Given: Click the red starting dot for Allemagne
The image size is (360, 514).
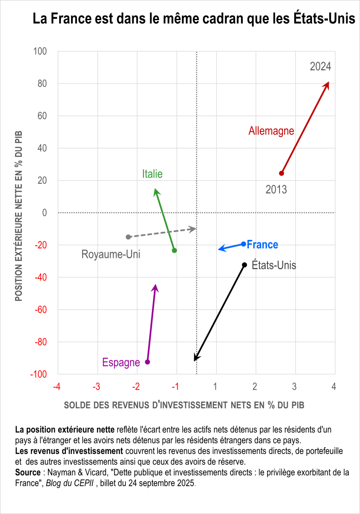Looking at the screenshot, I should point(281,173).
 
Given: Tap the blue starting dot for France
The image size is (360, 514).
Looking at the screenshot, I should point(244,244).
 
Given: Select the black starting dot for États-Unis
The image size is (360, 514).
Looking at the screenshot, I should point(244,265).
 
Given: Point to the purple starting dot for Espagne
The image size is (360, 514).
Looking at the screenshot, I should point(148,362).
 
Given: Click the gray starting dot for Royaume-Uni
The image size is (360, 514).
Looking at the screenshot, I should point(128,237).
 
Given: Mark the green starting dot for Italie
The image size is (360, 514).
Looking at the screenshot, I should point(174,250).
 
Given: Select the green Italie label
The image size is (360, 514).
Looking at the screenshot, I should point(152,174).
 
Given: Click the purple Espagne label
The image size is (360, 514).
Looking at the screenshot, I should point(121,362).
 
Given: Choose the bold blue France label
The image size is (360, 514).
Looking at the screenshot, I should point(262,245).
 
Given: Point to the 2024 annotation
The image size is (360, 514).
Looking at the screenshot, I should point(321,66).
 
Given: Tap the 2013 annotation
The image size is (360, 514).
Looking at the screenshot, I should point(276,189).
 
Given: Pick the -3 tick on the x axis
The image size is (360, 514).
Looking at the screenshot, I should point(97,387).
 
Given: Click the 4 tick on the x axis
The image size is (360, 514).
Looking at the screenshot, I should point(334,387).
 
